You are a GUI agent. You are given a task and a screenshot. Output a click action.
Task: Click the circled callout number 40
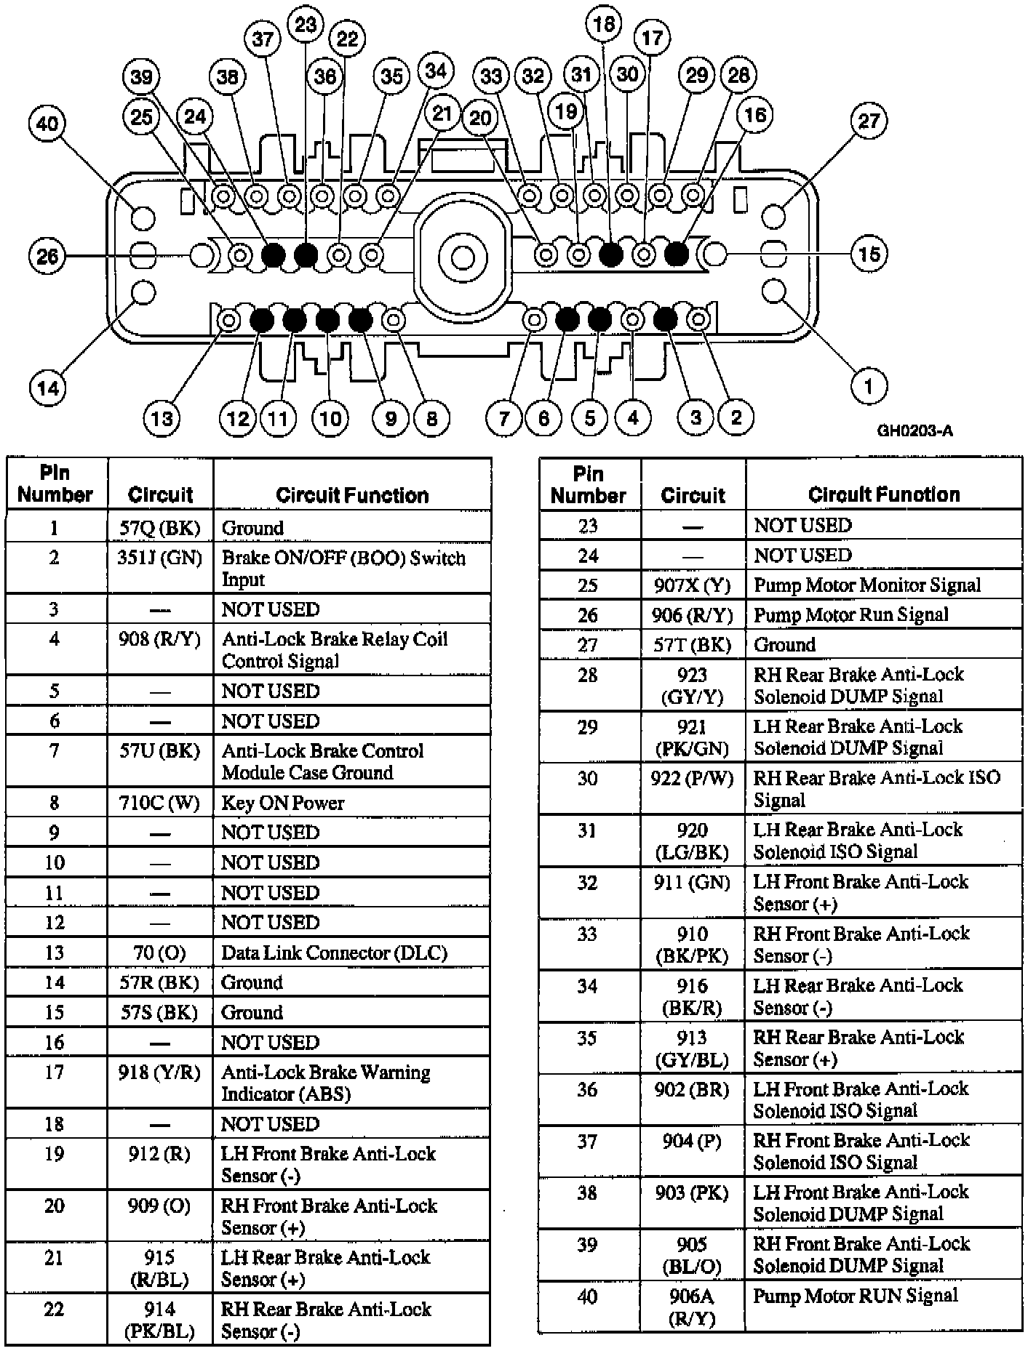tap(47, 124)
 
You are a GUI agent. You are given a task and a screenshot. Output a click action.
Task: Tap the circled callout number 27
tap(869, 121)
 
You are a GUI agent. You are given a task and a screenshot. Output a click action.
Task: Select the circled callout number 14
tap(48, 388)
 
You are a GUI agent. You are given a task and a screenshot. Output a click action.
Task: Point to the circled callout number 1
tap(868, 385)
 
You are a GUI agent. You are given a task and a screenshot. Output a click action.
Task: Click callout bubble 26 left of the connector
tap(47, 256)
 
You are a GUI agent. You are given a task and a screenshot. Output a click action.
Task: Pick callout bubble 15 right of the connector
tap(869, 254)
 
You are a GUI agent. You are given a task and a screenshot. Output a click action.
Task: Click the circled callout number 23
tap(306, 25)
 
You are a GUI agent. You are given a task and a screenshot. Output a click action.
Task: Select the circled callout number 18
tap(604, 25)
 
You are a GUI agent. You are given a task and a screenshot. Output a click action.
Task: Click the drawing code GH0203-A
tap(915, 430)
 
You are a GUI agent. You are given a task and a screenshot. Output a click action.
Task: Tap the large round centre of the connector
tap(463, 257)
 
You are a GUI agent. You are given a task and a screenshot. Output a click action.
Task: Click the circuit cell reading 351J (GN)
tap(160, 558)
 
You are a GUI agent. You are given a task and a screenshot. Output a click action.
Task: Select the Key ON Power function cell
tap(283, 803)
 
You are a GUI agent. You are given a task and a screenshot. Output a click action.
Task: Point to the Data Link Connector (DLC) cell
tap(334, 953)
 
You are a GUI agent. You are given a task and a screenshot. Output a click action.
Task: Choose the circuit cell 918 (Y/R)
tap(159, 1073)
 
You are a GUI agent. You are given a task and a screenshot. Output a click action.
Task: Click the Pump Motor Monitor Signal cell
tap(867, 585)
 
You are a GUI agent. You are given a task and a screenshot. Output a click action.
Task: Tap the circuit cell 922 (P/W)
tap(692, 779)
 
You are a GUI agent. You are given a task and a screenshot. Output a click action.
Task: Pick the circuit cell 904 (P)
tap(692, 1142)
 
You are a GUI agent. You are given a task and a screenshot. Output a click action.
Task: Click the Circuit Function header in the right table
tap(884, 494)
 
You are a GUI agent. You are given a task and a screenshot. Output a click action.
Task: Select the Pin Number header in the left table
tap(55, 484)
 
